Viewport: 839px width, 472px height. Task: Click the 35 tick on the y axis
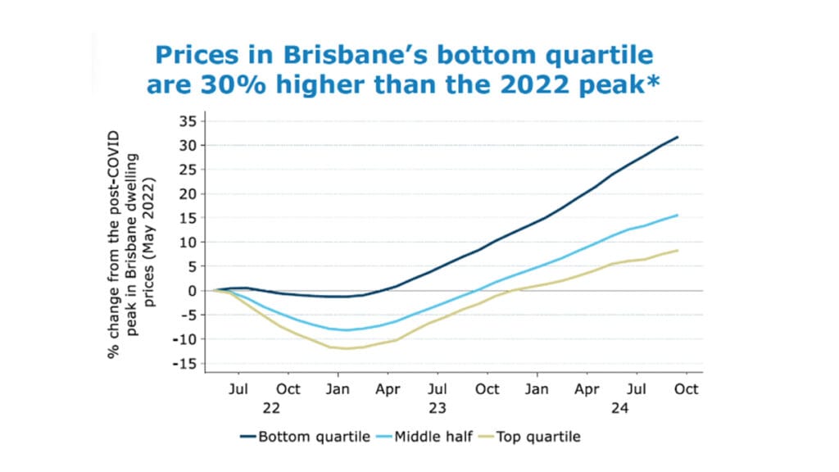point(188,121)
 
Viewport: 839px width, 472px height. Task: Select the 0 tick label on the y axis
point(192,291)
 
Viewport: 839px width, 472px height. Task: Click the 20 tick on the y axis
point(188,194)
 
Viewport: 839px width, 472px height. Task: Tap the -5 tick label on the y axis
point(188,315)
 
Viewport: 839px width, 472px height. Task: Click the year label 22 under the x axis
point(271,407)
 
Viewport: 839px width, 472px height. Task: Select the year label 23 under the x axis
point(438,407)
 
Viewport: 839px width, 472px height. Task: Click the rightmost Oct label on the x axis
point(686,389)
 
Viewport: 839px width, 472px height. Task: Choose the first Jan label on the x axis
point(338,389)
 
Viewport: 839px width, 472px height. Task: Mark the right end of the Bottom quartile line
point(678,137)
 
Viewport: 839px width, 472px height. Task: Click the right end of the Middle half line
point(678,216)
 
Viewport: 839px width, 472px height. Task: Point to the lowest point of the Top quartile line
point(346,348)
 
